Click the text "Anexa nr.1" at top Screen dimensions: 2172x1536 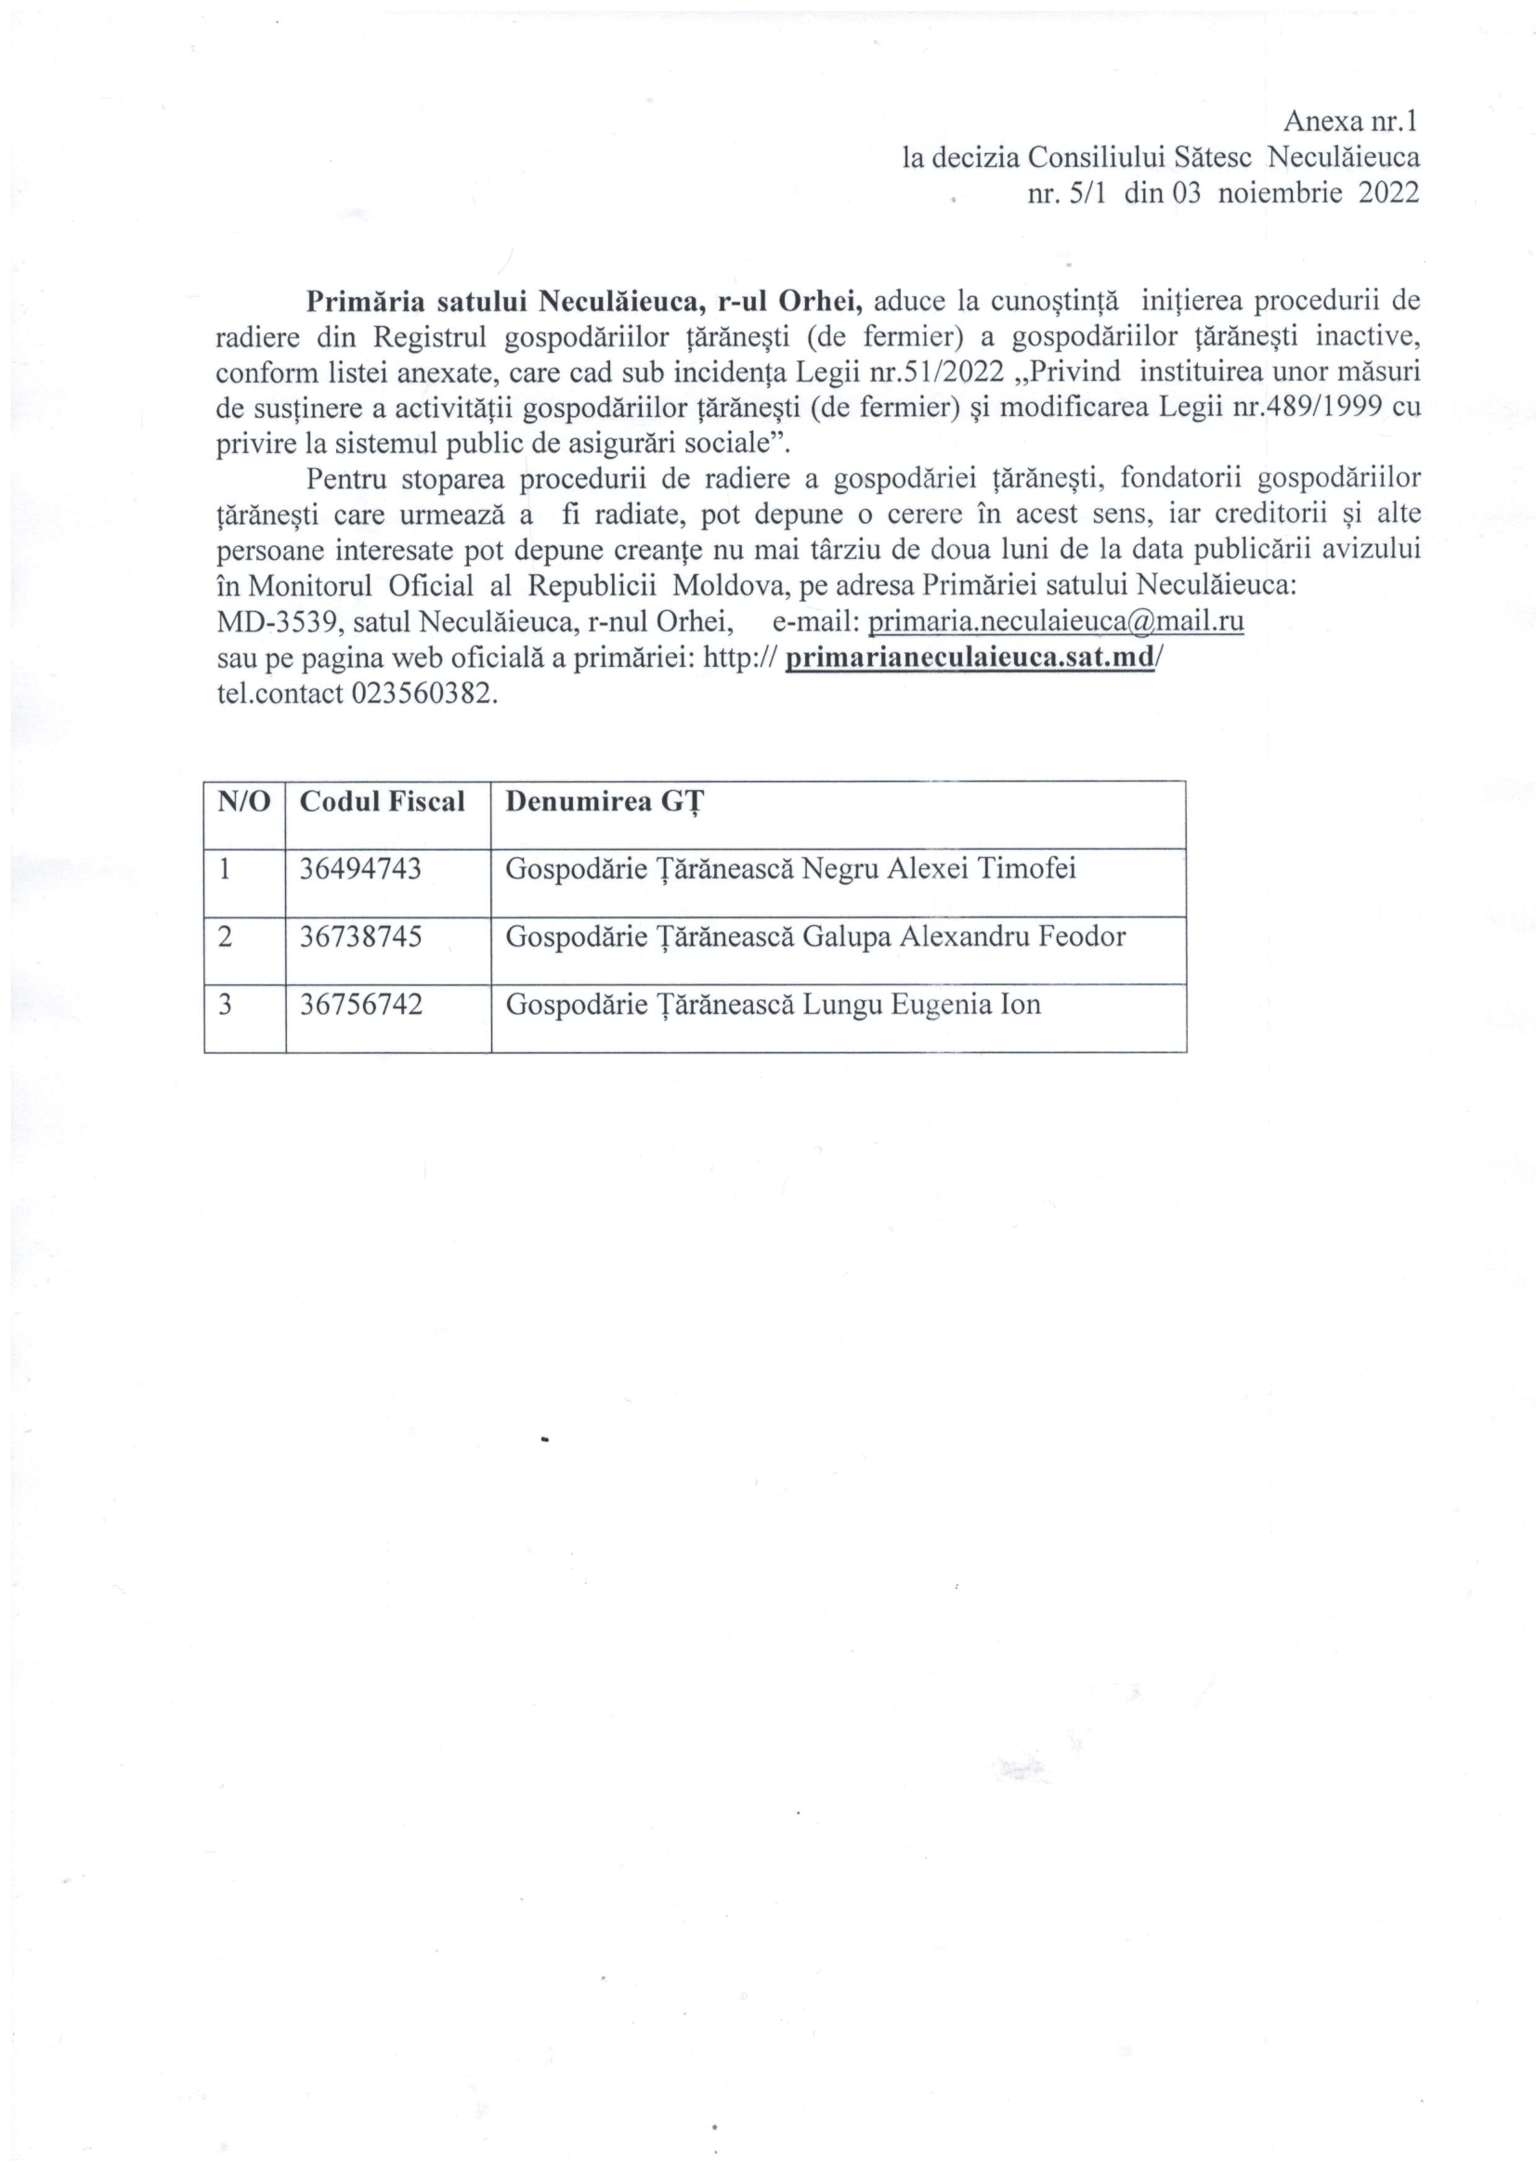(1350, 121)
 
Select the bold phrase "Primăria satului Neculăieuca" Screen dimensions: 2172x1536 (502, 301)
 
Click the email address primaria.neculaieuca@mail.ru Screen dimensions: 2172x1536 (1056, 621)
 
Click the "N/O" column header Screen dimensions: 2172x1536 (244, 801)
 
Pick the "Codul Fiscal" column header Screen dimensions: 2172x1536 (382, 801)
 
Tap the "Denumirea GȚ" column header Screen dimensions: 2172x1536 (605, 802)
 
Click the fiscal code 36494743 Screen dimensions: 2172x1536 (360, 868)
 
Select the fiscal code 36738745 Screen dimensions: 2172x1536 (360, 937)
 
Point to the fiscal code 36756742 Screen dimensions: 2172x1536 (360, 1004)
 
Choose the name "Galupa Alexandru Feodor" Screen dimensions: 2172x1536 (964, 937)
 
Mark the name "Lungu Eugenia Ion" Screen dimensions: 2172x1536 (921, 1004)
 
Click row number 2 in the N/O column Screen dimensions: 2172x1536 (225, 937)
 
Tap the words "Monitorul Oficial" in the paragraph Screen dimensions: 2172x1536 (360, 586)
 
